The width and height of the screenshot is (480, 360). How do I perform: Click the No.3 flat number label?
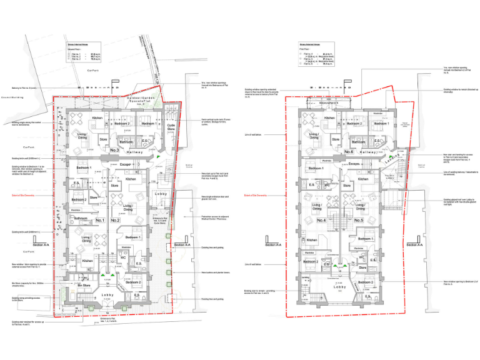(x=114, y=151)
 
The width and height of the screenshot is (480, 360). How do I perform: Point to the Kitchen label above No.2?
(x=131, y=179)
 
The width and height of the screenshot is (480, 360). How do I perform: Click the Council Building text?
(x=12, y=97)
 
